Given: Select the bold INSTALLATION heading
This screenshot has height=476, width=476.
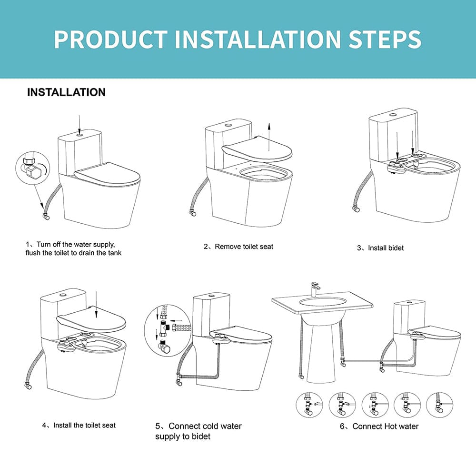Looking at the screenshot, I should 66,92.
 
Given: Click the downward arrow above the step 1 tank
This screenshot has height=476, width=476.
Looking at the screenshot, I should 79,121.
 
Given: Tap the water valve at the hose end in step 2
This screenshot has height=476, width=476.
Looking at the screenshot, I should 194,213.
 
